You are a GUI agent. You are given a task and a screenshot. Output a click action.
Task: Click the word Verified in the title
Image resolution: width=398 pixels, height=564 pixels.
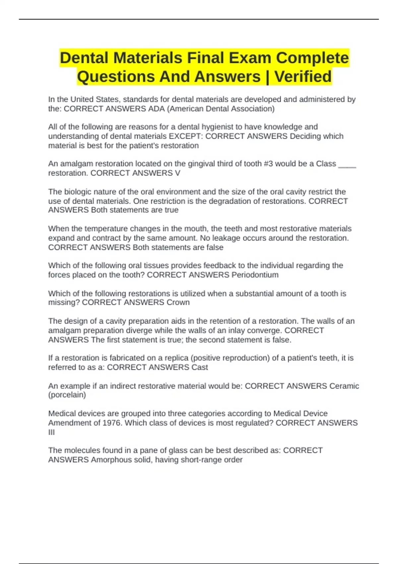[303, 77]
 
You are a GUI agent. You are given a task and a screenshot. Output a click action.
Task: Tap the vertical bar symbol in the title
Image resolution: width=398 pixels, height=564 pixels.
[267, 77]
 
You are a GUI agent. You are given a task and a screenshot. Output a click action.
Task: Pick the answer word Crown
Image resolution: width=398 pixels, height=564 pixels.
[178, 303]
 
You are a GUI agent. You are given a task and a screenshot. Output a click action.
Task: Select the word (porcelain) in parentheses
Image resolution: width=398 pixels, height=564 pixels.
[67, 395]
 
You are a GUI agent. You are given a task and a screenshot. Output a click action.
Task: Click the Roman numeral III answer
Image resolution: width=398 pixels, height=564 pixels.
[51, 432]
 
